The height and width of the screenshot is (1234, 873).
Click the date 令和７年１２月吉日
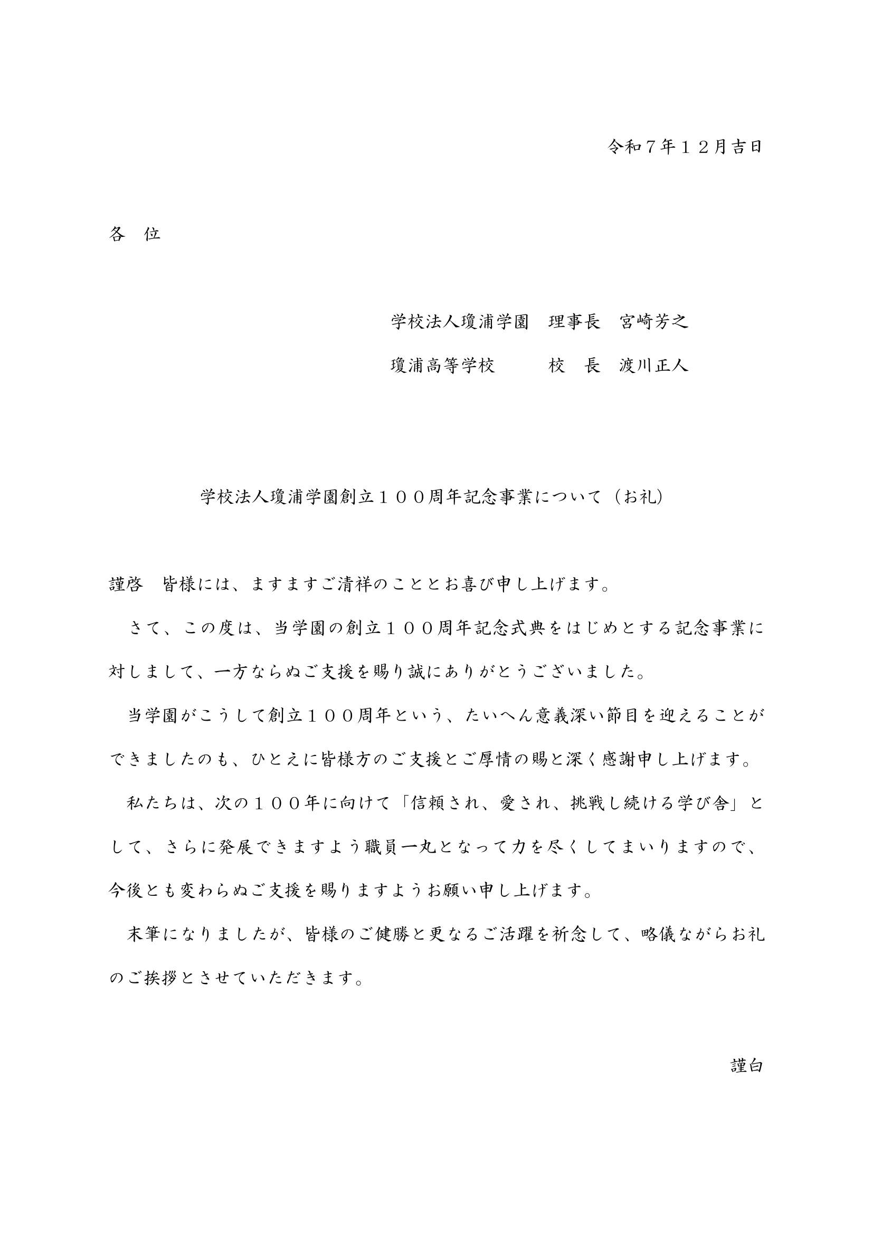coord(685,147)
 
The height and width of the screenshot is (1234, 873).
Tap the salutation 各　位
coord(135,234)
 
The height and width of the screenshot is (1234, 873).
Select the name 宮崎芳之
coord(653,322)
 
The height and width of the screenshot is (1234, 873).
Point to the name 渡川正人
coord(653,366)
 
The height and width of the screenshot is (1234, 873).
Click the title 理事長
coord(574,322)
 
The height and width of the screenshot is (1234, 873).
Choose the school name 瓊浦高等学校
coord(442,366)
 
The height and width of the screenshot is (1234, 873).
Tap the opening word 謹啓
coord(126,585)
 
